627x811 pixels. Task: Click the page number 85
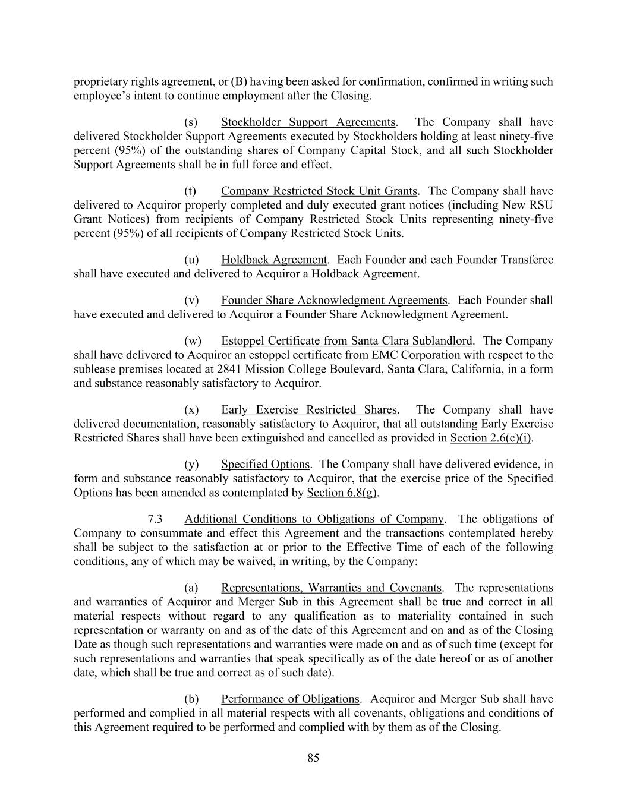(x=313, y=758)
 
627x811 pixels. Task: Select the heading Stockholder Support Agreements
(x=308, y=122)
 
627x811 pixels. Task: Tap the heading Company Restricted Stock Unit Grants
(x=319, y=191)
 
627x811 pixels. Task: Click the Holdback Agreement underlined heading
(x=274, y=260)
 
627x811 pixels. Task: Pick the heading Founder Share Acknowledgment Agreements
(x=334, y=301)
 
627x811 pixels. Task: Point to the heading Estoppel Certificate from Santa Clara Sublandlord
(x=346, y=341)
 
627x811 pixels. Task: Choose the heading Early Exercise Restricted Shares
(x=308, y=410)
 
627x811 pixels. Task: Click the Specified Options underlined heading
(x=265, y=465)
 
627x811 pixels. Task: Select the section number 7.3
(x=155, y=519)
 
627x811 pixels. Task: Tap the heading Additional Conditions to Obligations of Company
(x=314, y=519)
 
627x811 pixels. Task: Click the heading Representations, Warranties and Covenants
(x=331, y=588)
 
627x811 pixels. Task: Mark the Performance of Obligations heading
(x=290, y=699)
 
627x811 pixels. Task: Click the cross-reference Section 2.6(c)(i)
(x=491, y=438)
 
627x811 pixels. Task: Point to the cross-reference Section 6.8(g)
(x=342, y=493)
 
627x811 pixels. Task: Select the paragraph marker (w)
(x=193, y=341)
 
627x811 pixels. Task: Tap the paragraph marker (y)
(x=192, y=465)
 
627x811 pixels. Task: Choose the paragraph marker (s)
(x=191, y=122)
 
